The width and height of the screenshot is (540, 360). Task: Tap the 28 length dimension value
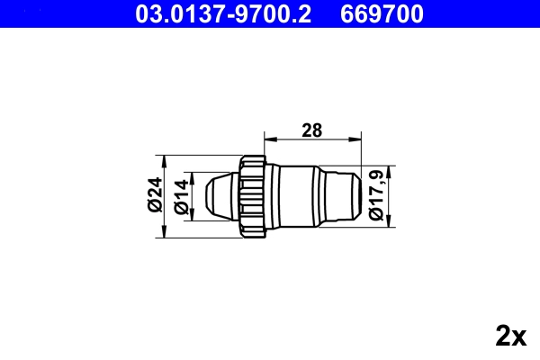point(311,130)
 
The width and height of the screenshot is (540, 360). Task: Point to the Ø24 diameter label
point(154,195)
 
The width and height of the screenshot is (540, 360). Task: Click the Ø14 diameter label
point(181,196)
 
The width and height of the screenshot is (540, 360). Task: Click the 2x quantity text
point(510,337)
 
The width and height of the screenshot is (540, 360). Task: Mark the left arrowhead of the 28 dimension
point(267,139)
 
